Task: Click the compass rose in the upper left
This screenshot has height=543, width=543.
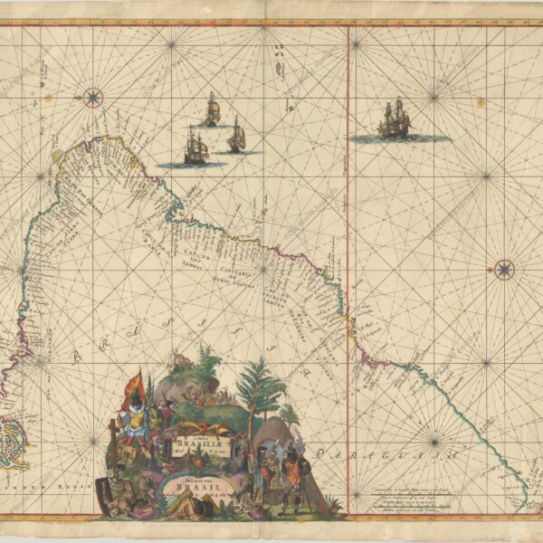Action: point(92,97)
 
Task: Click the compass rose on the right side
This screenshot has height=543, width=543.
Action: point(504,269)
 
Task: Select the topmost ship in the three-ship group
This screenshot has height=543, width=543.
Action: point(211,110)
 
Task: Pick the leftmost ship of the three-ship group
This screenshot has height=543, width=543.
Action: point(195,146)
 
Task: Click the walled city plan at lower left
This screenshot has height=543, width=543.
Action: point(14,442)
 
